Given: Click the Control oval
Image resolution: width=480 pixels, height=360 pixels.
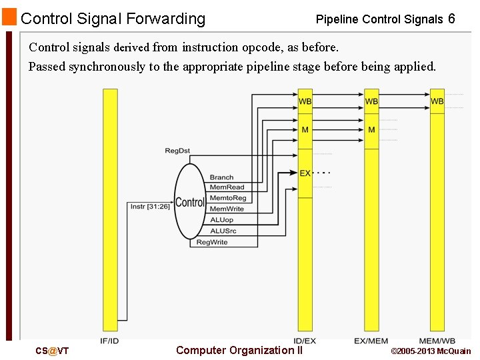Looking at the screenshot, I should [190, 202].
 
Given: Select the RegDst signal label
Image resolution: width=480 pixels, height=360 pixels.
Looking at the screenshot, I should [177, 151].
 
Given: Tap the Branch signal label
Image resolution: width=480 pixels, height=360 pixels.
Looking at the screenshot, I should [221, 177].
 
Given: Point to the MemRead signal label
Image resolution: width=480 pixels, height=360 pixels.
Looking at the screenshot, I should [227, 187].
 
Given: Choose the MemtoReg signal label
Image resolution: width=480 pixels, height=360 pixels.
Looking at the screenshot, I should [228, 198].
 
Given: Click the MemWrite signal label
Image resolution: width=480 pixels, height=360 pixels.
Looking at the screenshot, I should [227, 209].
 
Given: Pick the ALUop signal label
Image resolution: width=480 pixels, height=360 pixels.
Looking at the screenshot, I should [221, 219].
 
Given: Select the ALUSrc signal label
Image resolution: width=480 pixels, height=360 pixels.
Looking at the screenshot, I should [223, 231].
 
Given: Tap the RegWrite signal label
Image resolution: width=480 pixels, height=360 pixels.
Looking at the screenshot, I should [212, 242].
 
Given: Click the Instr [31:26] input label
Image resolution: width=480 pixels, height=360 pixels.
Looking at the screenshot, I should [150, 206].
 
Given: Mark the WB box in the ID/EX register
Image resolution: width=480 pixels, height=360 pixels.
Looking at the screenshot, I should [305, 101].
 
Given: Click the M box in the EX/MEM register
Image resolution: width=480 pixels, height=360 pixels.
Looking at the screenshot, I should [371, 129].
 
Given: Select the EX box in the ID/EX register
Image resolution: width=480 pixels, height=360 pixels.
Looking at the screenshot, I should [305, 173].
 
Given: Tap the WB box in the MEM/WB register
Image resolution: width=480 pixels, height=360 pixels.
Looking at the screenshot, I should [437, 101].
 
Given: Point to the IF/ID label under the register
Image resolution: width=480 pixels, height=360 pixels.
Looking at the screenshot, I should [110, 341].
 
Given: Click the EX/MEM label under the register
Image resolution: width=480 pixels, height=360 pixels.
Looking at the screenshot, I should [371, 341].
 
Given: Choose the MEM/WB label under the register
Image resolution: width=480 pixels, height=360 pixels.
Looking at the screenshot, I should [437, 341].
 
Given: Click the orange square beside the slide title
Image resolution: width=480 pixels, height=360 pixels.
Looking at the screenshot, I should [9, 17].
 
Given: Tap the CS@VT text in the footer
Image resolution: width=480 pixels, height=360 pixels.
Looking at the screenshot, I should [52, 351].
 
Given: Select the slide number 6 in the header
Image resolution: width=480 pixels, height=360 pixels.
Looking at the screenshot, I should [451, 19].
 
